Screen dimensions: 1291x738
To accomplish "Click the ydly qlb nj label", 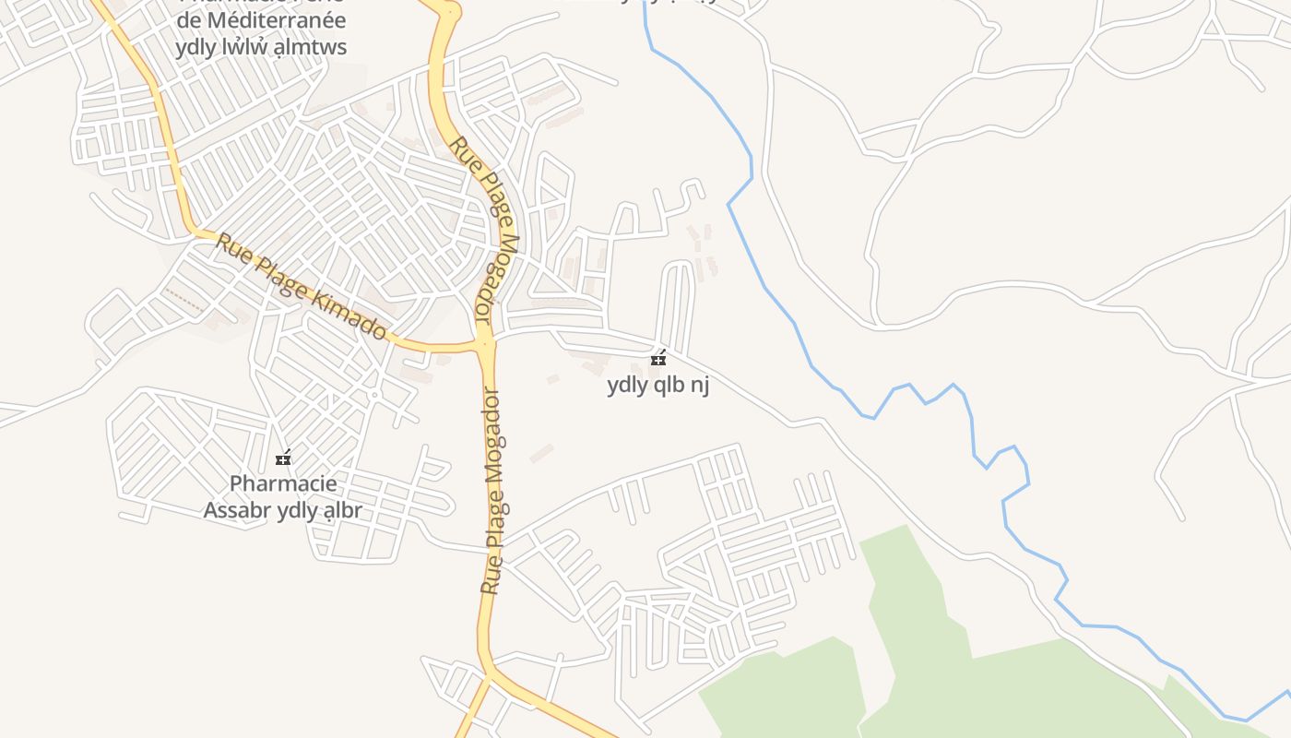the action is (657, 386).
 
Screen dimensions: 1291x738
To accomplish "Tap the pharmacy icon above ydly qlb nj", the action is (658, 358).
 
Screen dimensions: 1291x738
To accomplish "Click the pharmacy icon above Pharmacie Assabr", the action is (283, 458).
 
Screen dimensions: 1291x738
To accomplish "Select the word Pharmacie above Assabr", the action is (283, 483).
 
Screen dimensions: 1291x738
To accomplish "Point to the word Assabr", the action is (238, 510).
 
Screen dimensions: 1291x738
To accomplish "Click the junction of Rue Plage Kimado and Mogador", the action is (485, 344).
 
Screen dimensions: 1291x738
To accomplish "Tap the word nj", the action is (700, 386).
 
